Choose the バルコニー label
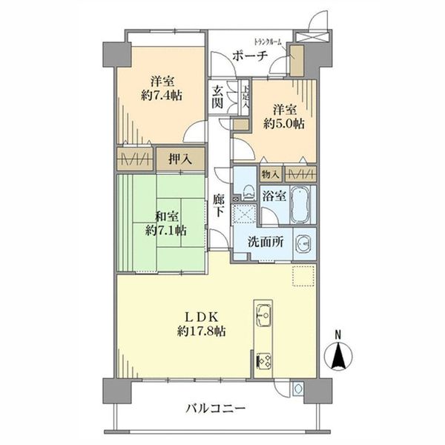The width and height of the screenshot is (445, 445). click(x=214, y=408)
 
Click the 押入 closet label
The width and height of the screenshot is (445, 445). click(x=176, y=158)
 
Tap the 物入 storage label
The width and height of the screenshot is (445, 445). click(x=270, y=174)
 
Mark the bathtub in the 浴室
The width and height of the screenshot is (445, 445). click(x=300, y=205)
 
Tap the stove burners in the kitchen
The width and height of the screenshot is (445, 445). click(x=262, y=363)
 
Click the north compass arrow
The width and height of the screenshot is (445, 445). click(x=338, y=358)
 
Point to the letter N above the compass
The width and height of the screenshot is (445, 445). click(x=338, y=334)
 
